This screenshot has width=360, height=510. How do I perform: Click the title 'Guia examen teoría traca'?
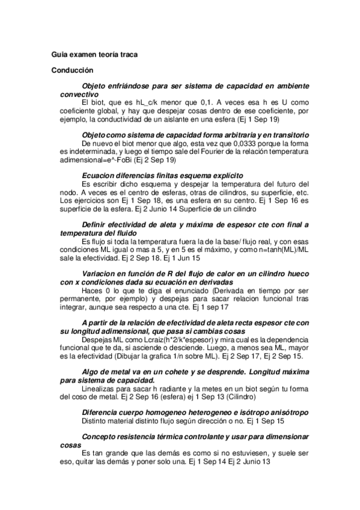94,55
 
